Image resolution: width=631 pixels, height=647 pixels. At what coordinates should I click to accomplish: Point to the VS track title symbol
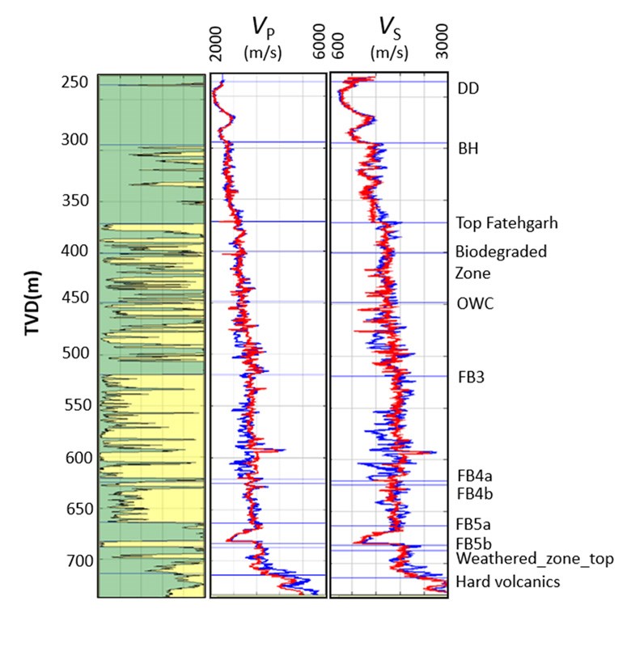pos(387,31)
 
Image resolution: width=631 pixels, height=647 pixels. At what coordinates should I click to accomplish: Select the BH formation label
pos(468,149)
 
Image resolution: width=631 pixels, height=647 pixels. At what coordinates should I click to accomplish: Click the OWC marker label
pos(474,303)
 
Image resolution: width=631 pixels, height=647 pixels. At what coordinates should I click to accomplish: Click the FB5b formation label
pos(476,543)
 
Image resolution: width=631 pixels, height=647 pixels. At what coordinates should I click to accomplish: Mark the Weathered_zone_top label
pos(535,559)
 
